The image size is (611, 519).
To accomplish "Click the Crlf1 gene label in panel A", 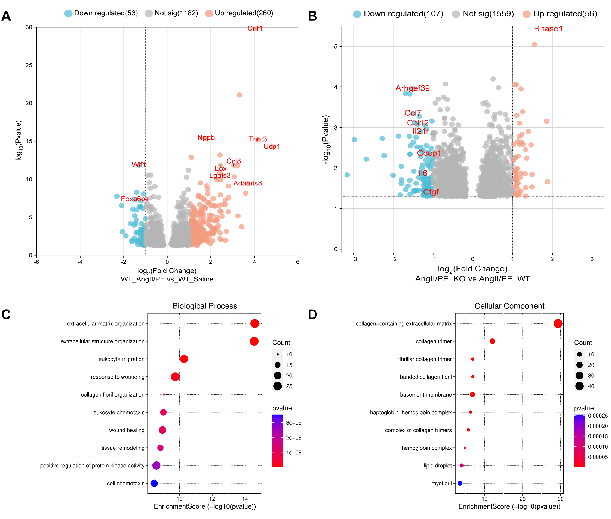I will pyautogui.click(x=255, y=28).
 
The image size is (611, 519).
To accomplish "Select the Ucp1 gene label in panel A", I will pyautogui.click(x=271, y=146).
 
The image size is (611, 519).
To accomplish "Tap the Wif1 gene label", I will pyautogui.click(x=138, y=164).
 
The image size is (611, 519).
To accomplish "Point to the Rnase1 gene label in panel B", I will pyautogui.click(x=548, y=29).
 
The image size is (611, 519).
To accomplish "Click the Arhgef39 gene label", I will pyautogui.click(x=412, y=88).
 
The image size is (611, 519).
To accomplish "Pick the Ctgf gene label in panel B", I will pyautogui.click(x=431, y=192).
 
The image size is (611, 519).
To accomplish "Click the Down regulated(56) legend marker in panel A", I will pyautogui.click(x=68, y=13).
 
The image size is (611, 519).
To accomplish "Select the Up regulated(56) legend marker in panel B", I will pyautogui.click(x=526, y=14).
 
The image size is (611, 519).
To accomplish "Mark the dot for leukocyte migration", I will pyautogui.click(x=184, y=359).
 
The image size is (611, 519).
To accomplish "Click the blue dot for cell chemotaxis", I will pyautogui.click(x=154, y=483).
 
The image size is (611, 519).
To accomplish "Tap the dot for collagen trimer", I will pyautogui.click(x=492, y=341).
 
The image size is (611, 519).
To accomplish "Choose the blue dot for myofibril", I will pyautogui.click(x=460, y=483).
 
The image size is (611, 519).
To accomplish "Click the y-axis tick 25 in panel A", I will pyautogui.click(x=29, y=65).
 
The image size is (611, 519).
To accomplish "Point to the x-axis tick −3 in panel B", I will pyautogui.click(x=353, y=259).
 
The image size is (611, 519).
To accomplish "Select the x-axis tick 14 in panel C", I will pyautogui.click(x=245, y=499).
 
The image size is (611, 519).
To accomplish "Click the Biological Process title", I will pyautogui.click(x=205, y=306).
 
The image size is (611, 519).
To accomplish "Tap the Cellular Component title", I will pyautogui.click(x=509, y=306).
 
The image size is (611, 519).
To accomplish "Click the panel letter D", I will pyautogui.click(x=312, y=314).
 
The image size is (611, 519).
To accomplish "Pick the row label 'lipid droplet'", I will pyautogui.click(x=438, y=466).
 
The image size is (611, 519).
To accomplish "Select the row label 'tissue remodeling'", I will pyautogui.click(x=123, y=448).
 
